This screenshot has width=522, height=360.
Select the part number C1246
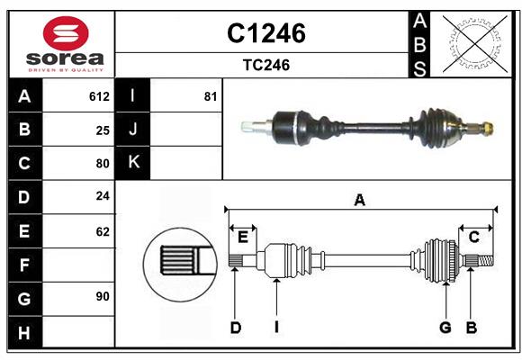[x=265, y=33]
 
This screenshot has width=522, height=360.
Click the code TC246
[x=265, y=66]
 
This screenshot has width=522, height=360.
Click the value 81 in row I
[x=211, y=96]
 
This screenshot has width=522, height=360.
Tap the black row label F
[x=24, y=265]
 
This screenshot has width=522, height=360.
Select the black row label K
[x=133, y=163]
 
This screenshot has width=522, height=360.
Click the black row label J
[x=133, y=130]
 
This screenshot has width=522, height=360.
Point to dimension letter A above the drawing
[x=360, y=201]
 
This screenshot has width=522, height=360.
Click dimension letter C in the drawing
[x=473, y=238]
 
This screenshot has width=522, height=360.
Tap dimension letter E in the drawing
[x=243, y=238]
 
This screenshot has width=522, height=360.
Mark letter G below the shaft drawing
[x=445, y=328]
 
